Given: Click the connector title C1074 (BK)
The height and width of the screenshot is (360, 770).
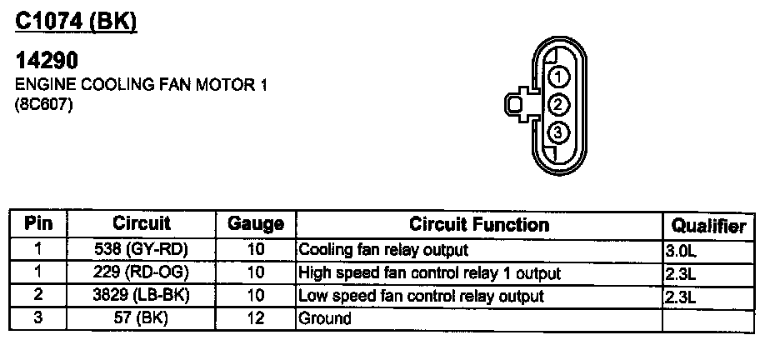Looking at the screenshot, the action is coord(76,22).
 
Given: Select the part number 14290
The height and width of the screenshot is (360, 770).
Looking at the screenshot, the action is coord(47,60).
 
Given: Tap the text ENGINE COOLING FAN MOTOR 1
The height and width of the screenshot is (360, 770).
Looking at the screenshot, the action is coord(142,85).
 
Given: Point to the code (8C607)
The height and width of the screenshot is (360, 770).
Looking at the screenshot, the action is coord(44,105).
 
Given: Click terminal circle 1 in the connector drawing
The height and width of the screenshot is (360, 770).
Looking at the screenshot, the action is coord(558,77).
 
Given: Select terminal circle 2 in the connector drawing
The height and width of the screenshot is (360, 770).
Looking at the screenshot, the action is coord(558,105).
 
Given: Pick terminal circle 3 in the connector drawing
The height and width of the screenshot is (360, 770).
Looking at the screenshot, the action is coord(558,132).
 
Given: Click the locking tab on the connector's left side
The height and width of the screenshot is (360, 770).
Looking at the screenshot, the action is coord(517,104).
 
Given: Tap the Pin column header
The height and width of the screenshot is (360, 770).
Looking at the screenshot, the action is coord(38,223).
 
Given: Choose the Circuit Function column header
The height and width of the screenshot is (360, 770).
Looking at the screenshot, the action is coord(479,224).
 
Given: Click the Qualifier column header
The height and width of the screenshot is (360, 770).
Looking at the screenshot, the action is coord(708,226).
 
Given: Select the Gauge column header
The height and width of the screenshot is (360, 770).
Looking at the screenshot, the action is coord(256,224).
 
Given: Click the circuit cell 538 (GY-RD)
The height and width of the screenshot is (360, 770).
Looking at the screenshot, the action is coord(142,249).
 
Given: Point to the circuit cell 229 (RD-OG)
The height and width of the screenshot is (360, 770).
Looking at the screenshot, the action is coord(142,272).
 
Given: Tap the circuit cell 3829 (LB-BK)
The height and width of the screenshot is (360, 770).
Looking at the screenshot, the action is coord(142,295).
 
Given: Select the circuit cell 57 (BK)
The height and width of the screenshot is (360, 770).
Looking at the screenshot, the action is coord(142,318).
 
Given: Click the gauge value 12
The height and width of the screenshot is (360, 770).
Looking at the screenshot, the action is coord(256,318).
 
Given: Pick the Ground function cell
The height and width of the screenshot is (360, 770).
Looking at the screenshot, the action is coord(325,318).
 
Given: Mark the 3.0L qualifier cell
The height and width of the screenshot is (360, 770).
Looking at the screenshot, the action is coord(681,251).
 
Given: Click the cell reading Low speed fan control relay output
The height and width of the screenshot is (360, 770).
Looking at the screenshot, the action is coord(422,296).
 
